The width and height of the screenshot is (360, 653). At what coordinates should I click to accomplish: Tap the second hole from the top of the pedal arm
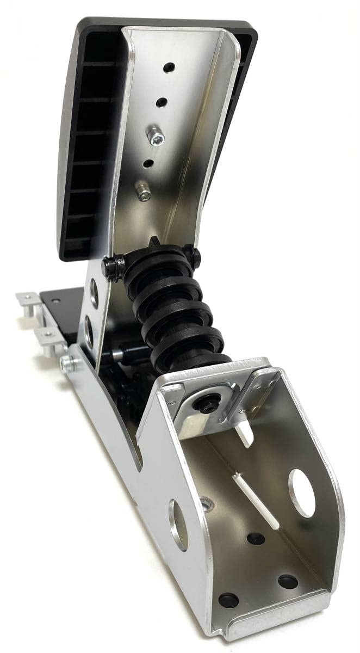coord(162,102)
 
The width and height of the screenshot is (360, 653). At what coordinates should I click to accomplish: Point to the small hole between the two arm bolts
coord(147,162)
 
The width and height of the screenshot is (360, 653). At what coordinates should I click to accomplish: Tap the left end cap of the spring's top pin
coord(114,266)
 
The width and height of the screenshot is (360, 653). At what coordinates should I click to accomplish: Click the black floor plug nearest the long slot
coord(256,539)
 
